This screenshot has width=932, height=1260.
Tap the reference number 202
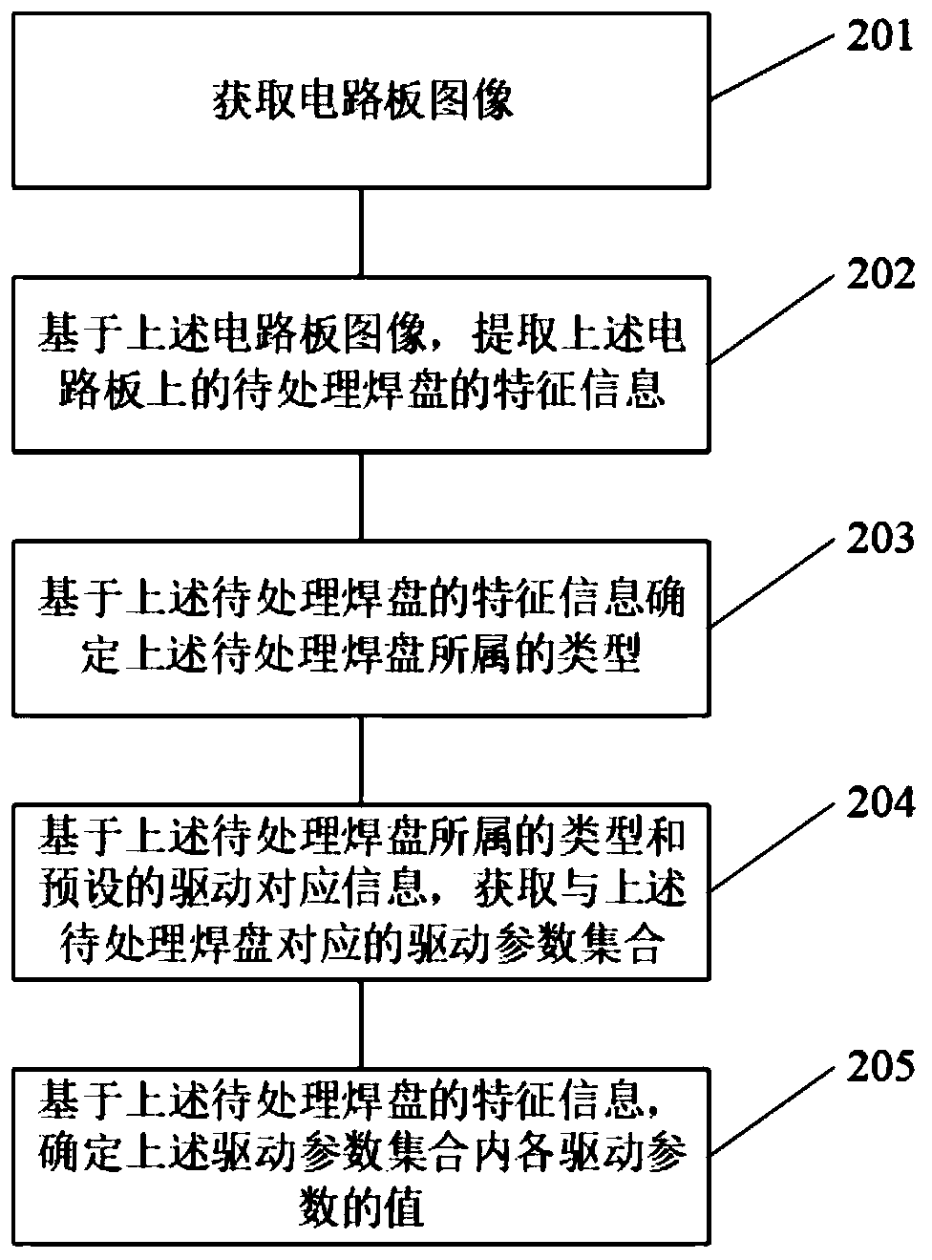pos(877,276)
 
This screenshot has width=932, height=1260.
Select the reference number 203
pos(877,541)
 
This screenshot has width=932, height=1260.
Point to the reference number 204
pos(877,804)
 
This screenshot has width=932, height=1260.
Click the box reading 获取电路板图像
pos(361,100)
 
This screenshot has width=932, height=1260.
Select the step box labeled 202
pos(361,364)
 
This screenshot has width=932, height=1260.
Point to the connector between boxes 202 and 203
pos(361,496)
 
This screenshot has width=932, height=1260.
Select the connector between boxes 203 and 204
pos(361,759)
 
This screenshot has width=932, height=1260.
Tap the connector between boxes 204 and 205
pos(361,1023)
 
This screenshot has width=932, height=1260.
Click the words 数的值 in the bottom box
pos(362,1210)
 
